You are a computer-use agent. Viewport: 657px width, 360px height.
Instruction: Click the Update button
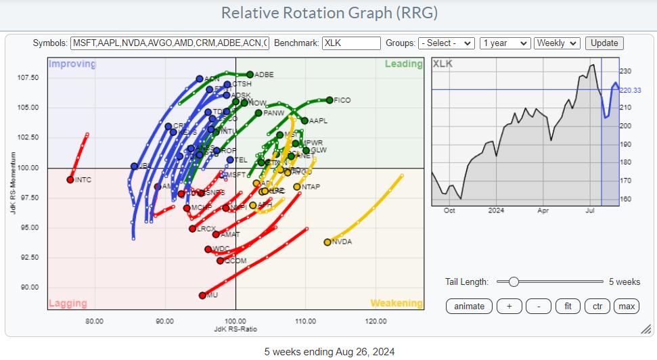click(x=604, y=43)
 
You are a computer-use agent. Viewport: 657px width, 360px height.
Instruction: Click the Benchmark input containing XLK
click(x=351, y=43)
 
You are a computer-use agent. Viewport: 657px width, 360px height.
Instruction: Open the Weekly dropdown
click(x=556, y=43)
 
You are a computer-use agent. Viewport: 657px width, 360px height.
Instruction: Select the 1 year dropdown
click(x=504, y=43)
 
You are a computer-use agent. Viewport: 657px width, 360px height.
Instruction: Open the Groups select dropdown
click(x=447, y=43)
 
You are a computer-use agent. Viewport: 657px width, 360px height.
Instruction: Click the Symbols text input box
click(x=169, y=43)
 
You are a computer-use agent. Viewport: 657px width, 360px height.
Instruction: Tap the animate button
click(x=469, y=306)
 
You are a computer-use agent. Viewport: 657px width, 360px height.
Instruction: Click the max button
click(x=627, y=306)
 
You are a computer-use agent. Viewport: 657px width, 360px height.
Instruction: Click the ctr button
click(x=597, y=306)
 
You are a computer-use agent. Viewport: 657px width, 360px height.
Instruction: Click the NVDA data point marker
click(x=327, y=242)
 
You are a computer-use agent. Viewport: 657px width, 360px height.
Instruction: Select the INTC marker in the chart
click(x=70, y=179)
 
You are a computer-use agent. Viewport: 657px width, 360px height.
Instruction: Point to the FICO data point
click(x=330, y=100)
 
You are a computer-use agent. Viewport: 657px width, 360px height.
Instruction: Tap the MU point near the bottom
click(x=202, y=295)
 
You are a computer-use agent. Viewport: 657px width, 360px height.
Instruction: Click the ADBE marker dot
click(x=250, y=74)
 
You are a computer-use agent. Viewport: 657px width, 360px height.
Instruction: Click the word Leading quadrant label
click(x=403, y=64)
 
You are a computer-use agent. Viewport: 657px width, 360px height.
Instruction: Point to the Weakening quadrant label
click(x=396, y=303)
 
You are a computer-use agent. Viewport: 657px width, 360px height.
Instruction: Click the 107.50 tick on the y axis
click(x=28, y=78)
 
